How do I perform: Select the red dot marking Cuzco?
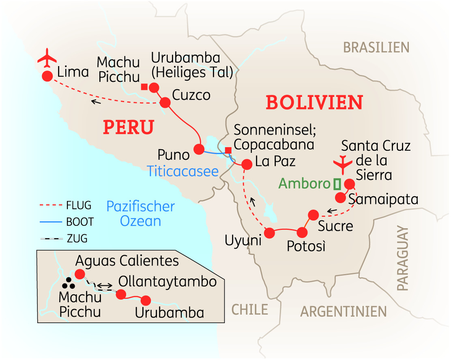(x=165, y=102)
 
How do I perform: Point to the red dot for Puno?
(x=199, y=149)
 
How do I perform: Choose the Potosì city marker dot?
(x=302, y=233)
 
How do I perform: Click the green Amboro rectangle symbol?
(x=337, y=184)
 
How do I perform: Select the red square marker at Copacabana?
(x=228, y=151)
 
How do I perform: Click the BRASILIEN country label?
(x=376, y=47)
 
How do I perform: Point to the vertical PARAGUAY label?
(x=402, y=258)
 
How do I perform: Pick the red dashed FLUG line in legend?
(x=51, y=206)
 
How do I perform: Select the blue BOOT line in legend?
(x=51, y=222)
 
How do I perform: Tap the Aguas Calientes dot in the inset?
(x=79, y=274)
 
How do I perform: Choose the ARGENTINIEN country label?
(x=343, y=311)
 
